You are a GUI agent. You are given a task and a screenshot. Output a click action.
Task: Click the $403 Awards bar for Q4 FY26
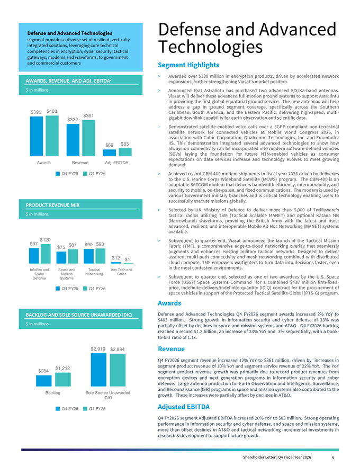[x=52, y=136]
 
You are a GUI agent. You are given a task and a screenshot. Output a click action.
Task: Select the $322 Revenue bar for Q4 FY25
[x=73, y=140]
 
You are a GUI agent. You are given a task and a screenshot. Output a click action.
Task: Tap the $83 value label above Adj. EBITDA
[x=125, y=144]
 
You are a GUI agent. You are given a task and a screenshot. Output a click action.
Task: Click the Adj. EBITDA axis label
[x=116, y=163]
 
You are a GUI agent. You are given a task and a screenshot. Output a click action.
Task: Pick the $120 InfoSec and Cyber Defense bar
[x=46, y=254]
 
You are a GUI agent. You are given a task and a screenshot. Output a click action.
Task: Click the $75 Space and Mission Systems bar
[x=61, y=258]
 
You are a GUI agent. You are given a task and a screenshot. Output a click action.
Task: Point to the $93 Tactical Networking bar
[x=101, y=256]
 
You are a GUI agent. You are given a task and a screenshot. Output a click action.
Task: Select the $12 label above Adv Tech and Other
[x=116, y=258]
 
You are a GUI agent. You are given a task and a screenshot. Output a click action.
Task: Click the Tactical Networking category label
[x=94, y=272]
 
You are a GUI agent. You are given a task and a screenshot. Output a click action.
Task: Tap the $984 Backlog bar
[x=43, y=381]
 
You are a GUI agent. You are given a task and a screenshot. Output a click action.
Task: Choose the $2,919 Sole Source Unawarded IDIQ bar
[x=98, y=370]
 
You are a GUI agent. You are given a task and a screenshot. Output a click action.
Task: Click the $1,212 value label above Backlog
[x=62, y=368]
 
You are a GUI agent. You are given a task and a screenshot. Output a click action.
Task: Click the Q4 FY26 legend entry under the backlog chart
[x=94, y=409]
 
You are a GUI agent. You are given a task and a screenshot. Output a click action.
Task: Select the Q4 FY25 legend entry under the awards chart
[x=67, y=174]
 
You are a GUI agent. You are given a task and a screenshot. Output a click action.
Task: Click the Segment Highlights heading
[x=188, y=65]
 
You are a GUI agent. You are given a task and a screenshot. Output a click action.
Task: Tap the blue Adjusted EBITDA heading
[x=184, y=407]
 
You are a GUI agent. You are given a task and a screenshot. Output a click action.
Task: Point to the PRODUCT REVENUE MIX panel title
[x=52, y=205]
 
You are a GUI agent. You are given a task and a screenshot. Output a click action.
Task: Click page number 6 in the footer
[x=334, y=457]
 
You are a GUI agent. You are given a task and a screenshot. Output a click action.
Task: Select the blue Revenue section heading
[x=171, y=349]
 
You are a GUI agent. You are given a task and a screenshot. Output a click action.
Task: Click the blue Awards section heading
[x=169, y=303]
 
